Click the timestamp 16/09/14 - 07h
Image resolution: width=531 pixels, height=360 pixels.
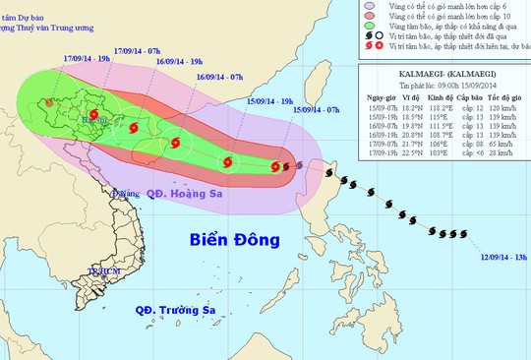[x=222, y=76]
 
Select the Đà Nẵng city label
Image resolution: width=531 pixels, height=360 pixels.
[x=126, y=195]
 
